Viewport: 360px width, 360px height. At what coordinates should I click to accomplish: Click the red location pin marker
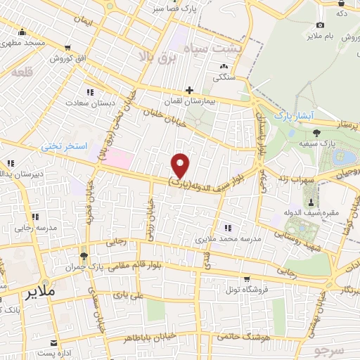pos(181,165)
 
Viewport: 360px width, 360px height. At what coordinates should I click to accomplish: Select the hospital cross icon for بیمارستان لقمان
pos(188,90)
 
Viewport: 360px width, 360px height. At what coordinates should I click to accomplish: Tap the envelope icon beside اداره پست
pos(53,343)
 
